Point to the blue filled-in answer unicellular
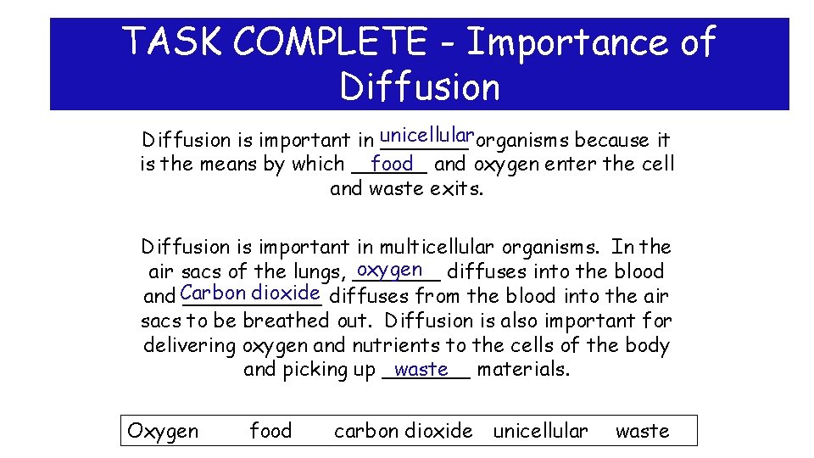point(427,135)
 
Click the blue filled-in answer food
point(392,163)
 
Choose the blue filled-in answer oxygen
point(390,271)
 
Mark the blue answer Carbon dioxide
point(250,293)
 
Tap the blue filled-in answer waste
point(421,369)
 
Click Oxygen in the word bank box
point(163,431)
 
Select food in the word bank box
point(270,431)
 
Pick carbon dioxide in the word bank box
point(404,431)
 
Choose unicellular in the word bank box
point(540,431)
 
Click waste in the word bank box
point(642,431)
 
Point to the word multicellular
point(436,248)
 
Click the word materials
point(523,370)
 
